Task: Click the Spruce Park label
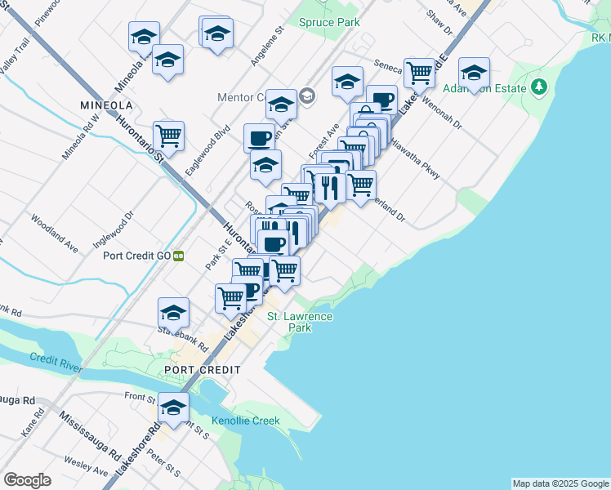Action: click(329, 22)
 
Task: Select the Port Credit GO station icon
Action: click(178, 256)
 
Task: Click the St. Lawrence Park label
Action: click(301, 322)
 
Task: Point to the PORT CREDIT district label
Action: click(202, 370)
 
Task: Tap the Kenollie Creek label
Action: click(245, 421)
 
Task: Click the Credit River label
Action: click(56, 359)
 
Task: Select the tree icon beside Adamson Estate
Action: click(538, 87)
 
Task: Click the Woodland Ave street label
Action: click(55, 233)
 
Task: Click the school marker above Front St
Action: click(173, 408)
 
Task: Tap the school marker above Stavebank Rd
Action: click(173, 312)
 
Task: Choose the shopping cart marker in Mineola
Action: click(168, 136)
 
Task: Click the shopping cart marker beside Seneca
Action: click(420, 72)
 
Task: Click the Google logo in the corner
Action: click(27, 480)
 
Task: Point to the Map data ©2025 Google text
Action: click(560, 483)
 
